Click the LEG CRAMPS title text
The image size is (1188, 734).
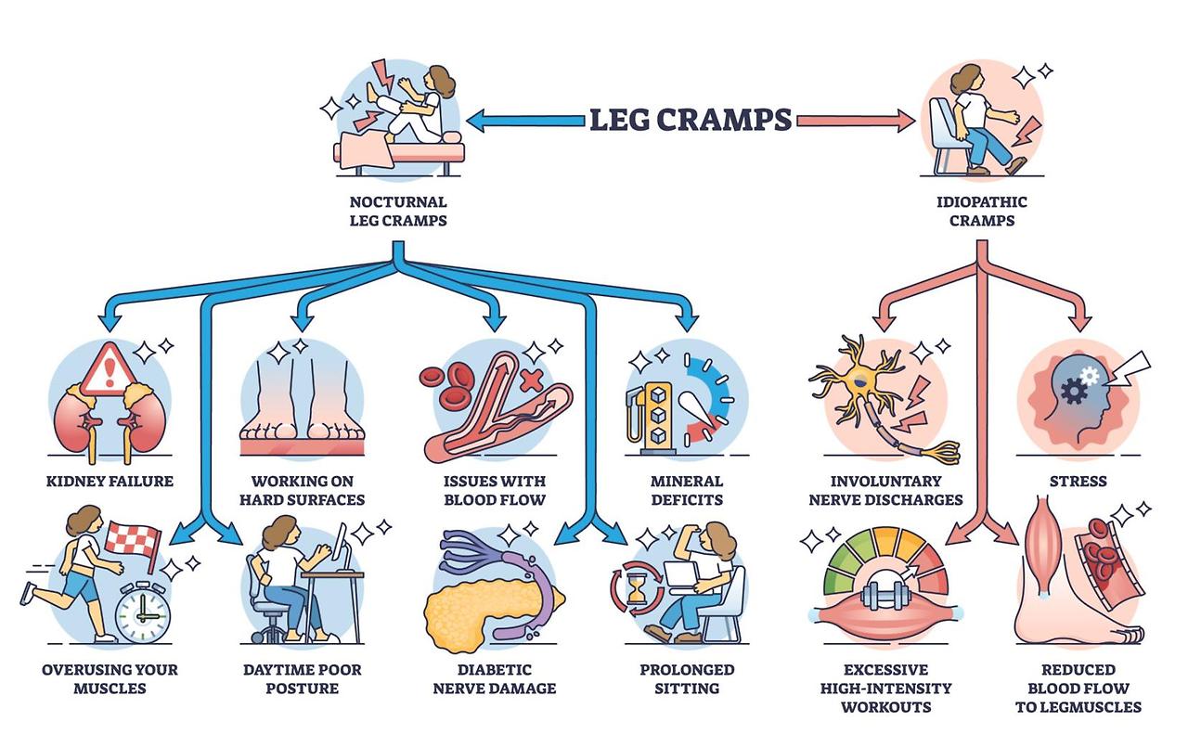coord(691,119)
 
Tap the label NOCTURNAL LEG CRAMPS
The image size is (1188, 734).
coord(398,212)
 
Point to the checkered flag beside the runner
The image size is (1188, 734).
coord(136,537)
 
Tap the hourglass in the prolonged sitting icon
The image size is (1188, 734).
coord(636,587)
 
